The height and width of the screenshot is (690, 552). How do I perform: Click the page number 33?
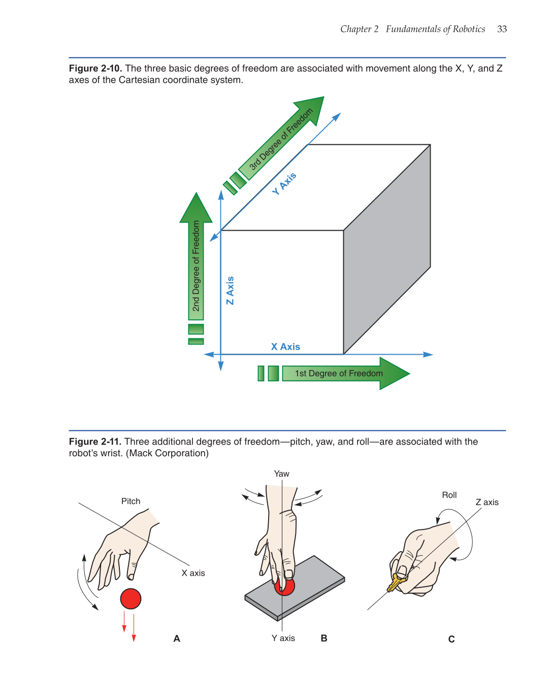tap(502, 29)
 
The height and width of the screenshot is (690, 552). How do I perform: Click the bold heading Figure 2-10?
tap(95, 69)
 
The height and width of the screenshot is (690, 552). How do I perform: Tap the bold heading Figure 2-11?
tap(95, 442)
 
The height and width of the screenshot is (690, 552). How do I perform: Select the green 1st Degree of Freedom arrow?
tap(345, 373)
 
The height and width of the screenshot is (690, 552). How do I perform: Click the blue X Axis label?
tap(285, 347)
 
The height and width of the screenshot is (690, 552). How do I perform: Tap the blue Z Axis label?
tap(230, 290)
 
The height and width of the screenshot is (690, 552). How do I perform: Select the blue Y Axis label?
tap(284, 183)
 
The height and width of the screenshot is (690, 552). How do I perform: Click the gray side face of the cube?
tap(387, 249)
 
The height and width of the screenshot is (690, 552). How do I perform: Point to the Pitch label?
tap(131, 501)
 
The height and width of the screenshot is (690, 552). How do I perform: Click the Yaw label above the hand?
tap(281, 474)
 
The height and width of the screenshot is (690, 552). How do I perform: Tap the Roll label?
tap(449, 495)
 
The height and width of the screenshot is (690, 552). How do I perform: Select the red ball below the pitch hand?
tap(131, 599)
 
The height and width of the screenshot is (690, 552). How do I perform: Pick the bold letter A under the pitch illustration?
tap(177, 639)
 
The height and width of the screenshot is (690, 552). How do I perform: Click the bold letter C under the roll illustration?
tap(451, 639)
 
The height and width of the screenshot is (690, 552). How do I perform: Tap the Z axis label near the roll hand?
tap(487, 502)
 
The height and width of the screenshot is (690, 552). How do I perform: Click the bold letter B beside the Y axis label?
tap(324, 638)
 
